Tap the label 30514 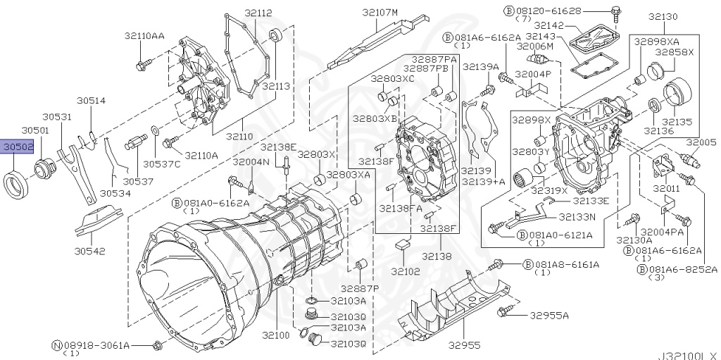coord(92,101)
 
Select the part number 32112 coord(239,12)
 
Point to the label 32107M coord(380,12)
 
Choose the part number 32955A coord(550,315)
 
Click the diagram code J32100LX coord(688,354)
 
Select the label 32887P coord(360,289)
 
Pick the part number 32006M coord(535,46)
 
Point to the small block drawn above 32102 coord(404,244)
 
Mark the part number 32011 coord(665,190)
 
